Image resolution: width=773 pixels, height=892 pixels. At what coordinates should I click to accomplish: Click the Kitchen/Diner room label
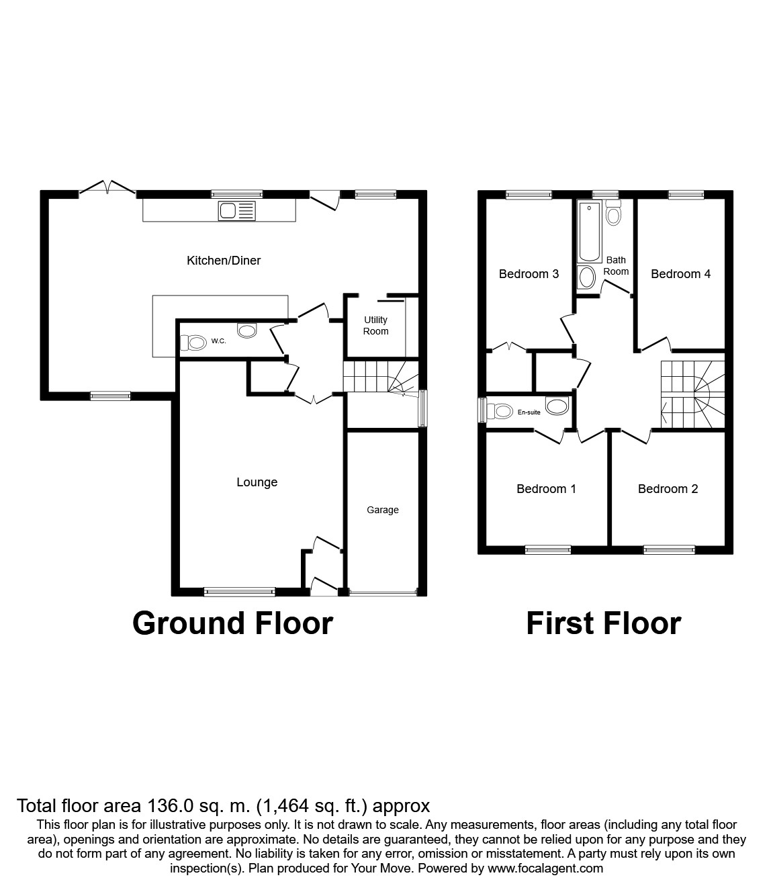click(x=224, y=261)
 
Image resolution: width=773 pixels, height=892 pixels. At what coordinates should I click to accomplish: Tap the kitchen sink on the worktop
click(x=237, y=211)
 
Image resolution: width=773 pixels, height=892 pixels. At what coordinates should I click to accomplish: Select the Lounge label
click(x=257, y=482)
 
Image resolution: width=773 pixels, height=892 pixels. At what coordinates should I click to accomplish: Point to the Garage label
click(x=382, y=510)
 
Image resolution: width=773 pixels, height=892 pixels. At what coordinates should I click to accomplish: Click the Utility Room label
click(x=375, y=325)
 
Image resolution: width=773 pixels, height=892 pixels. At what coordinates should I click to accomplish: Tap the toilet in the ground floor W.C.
click(x=193, y=343)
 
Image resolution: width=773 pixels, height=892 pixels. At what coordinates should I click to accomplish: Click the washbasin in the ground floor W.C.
click(x=247, y=330)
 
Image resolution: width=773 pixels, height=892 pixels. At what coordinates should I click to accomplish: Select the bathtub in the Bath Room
click(x=589, y=231)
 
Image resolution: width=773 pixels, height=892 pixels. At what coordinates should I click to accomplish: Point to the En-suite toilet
click(x=500, y=411)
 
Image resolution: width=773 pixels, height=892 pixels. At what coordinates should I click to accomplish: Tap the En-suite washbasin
click(x=557, y=406)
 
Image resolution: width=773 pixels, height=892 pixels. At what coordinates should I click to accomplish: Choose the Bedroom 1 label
click(x=546, y=489)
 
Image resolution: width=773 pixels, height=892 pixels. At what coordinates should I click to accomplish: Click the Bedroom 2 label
click(x=668, y=489)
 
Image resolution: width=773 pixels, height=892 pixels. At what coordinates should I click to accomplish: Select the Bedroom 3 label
click(x=529, y=274)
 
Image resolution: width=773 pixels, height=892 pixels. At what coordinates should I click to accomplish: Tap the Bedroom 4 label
click(x=680, y=274)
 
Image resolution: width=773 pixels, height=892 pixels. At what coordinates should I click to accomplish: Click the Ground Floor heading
click(x=232, y=623)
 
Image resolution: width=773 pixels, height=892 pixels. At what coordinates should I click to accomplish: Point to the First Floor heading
click(x=604, y=623)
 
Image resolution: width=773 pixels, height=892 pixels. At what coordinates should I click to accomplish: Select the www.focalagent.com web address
click(x=545, y=868)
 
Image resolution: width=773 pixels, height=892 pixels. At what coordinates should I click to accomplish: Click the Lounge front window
click(x=240, y=592)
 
